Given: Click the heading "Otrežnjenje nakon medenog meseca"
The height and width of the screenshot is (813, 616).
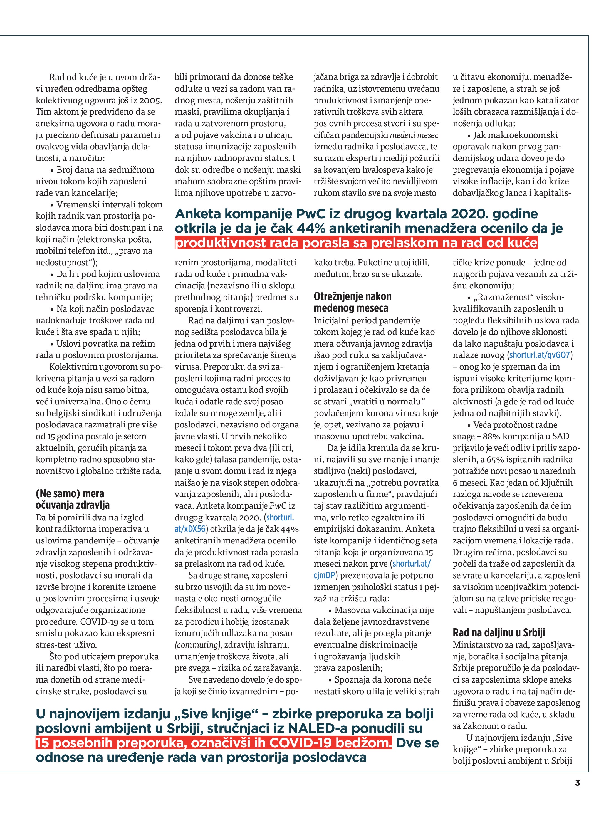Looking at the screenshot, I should pos(352,302).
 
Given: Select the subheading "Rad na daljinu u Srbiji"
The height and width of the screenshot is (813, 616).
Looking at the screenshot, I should pos(499,632).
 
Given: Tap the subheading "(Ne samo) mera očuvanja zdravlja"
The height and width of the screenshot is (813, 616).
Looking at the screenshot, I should pos(70,499).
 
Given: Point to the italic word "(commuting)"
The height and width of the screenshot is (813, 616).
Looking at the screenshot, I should pos(198,645).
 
